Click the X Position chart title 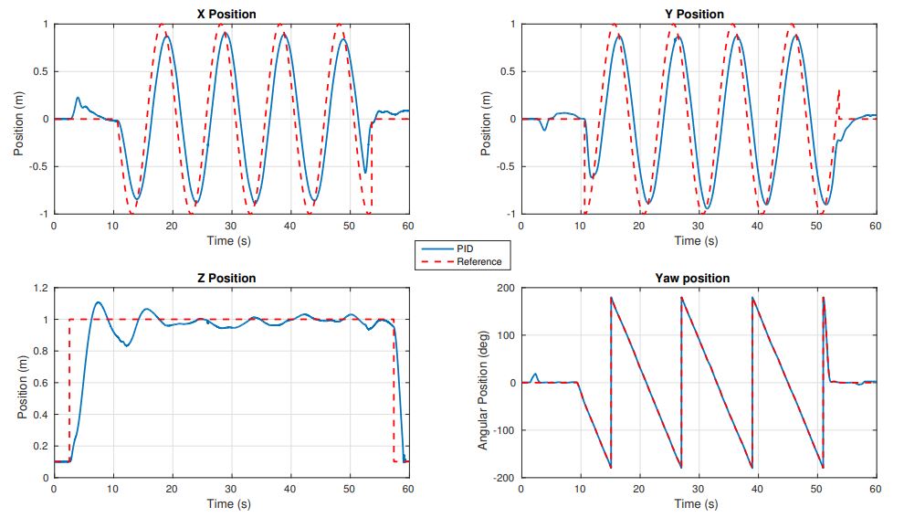[226, 14]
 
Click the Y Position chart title [696, 14]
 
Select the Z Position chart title [226, 278]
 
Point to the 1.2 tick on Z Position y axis [37, 288]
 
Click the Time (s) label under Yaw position [696, 503]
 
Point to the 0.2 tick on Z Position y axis [37, 446]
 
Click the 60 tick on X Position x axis [408, 225]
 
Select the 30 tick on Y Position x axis [699, 225]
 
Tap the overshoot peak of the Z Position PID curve [99, 302]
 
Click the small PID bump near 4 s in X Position [78, 98]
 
